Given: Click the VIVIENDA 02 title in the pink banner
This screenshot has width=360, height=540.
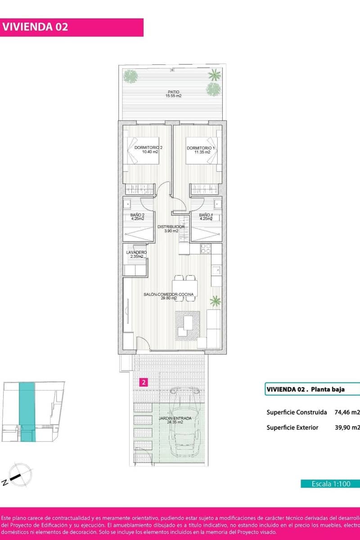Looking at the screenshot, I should click(x=36, y=27).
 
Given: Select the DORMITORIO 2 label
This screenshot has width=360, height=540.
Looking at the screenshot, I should click(x=149, y=150).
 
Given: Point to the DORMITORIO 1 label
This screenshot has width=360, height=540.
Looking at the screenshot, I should click(x=201, y=150).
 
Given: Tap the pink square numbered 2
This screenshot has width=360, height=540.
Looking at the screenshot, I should click(x=143, y=383).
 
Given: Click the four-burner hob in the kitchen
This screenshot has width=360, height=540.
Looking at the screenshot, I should click(x=206, y=248).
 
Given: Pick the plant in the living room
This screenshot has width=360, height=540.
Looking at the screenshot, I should click(x=216, y=300).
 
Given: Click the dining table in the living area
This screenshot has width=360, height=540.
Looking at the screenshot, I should click(x=184, y=288).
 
